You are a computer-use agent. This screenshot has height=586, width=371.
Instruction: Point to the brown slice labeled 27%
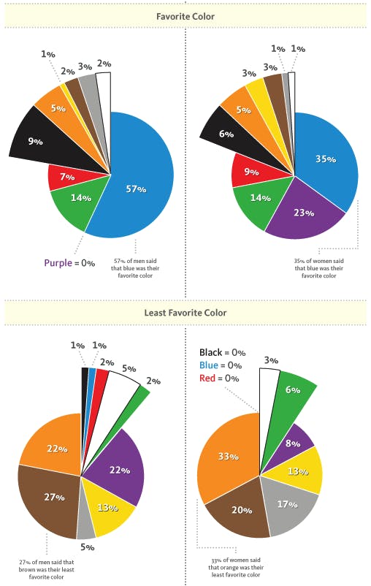click(x=51, y=497)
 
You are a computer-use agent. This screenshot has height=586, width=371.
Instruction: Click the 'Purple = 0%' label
click(x=69, y=263)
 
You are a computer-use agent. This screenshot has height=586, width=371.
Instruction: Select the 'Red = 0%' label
click(x=219, y=378)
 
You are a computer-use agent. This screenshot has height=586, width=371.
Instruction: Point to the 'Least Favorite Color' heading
click(x=185, y=313)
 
